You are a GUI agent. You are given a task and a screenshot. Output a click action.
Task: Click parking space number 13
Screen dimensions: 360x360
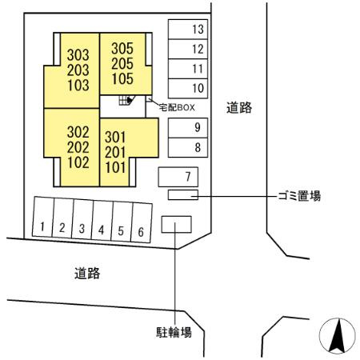(x=188, y=30)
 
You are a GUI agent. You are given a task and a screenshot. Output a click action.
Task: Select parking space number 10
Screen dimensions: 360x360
(x=188, y=88)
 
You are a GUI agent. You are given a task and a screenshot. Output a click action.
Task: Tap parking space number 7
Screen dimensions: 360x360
(x=178, y=177)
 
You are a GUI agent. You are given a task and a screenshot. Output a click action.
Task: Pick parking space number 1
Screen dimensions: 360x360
(x=43, y=217)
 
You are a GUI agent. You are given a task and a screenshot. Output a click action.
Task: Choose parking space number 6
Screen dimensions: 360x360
(x=142, y=222)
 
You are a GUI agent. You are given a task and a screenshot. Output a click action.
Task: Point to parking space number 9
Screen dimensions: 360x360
(x=188, y=128)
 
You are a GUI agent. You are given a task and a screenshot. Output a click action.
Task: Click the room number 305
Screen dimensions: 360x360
(x=122, y=49)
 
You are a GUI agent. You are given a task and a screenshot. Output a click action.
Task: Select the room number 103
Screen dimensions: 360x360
(x=78, y=86)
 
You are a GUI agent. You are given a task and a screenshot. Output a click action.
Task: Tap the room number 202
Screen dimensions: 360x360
(x=78, y=147)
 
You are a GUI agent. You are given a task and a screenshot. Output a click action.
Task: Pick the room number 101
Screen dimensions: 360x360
(x=115, y=167)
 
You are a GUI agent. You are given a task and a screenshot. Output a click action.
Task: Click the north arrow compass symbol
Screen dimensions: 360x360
(x=338, y=336)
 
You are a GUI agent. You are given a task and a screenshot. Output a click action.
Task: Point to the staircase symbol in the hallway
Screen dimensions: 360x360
(x=126, y=100)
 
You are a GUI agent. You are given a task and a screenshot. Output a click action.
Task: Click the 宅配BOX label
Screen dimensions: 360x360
(x=177, y=107)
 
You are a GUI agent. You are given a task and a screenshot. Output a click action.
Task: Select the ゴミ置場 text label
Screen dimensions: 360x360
(x=299, y=196)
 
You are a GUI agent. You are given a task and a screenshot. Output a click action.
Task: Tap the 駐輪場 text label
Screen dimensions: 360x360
(x=174, y=333)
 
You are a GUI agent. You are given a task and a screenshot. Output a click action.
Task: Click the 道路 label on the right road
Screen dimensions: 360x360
(x=239, y=108)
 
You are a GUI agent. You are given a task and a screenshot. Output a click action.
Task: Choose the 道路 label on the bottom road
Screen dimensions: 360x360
(x=87, y=274)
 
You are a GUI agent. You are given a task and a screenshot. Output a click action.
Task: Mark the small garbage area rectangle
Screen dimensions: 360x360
(x=183, y=194)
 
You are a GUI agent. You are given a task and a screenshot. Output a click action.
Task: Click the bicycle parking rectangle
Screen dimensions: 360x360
(x=176, y=225)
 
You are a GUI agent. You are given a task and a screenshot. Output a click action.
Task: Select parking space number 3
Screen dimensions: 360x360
(x=82, y=219)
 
